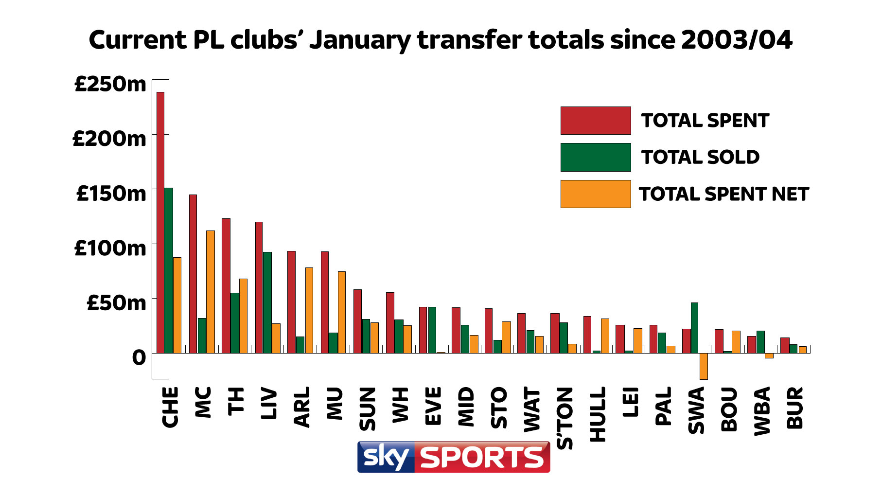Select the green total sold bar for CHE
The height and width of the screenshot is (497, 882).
(169, 270)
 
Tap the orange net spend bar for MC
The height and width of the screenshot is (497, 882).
(211, 292)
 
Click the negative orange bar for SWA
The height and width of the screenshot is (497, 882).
(704, 366)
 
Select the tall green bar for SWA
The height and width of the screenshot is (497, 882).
(694, 328)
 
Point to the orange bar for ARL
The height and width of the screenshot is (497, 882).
(309, 310)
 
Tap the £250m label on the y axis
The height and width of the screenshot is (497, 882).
(110, 84)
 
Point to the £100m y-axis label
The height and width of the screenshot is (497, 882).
(110, 248)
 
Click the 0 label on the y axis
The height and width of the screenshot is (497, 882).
(139, 358)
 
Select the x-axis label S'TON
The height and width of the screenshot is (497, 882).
(565, 418)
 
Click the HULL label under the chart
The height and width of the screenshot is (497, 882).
(598, 414)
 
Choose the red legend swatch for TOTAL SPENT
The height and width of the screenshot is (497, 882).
(595, 121)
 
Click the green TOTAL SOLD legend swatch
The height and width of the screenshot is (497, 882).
(595, 157)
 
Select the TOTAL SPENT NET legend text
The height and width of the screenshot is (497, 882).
(723, 194)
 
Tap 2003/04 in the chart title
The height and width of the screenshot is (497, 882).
(737, 40)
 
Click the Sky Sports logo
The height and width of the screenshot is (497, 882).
(453, 457)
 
